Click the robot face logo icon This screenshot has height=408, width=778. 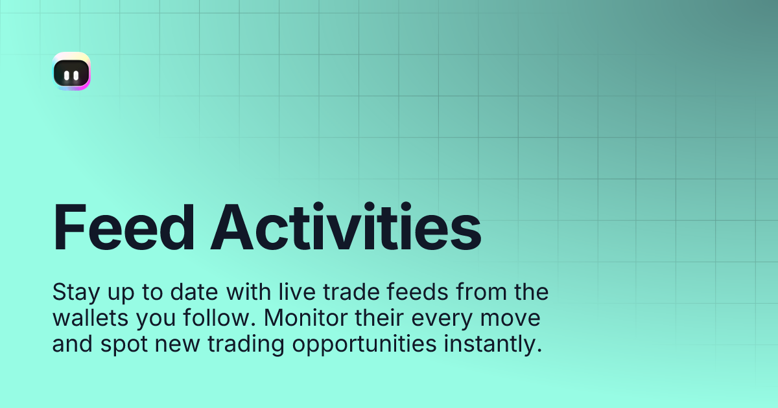click(72, 72)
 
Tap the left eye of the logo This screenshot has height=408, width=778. click(67, 75)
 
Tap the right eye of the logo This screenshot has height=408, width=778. click(77, 75)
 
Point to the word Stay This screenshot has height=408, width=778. click(73, 293)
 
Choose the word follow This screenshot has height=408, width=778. click(201, 319)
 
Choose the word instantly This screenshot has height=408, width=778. click(491, 345)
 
